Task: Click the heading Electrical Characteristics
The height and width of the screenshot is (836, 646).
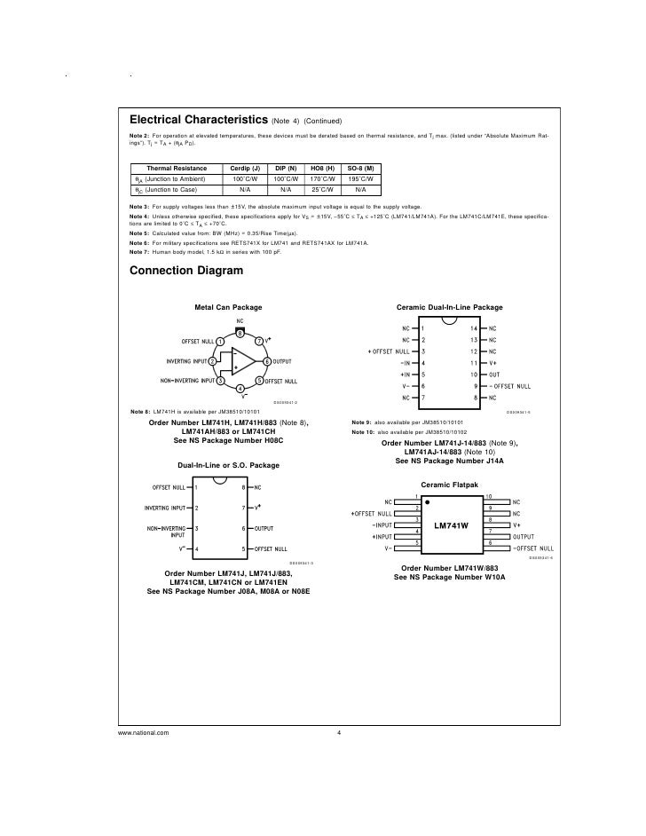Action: tap(199, 119)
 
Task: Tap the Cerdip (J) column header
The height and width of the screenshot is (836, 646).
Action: tap(245, 169)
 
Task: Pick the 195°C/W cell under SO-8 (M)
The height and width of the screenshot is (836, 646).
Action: tap(360, 178)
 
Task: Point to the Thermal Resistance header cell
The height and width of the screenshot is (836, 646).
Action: tap(177, 169)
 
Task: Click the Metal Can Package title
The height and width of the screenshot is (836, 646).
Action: tap(228, 307)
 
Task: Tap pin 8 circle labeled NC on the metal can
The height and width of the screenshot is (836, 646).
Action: tap(240, 331)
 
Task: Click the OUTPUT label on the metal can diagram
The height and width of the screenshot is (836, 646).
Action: tap(284, 362)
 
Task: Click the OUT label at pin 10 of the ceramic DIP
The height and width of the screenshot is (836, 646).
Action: tap(494, 375)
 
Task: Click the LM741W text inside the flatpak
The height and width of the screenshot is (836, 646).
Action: tap(451, 526)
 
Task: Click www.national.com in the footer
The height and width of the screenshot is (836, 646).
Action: tap(142, 732)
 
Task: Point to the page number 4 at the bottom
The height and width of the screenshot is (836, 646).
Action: tap(339, 732)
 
